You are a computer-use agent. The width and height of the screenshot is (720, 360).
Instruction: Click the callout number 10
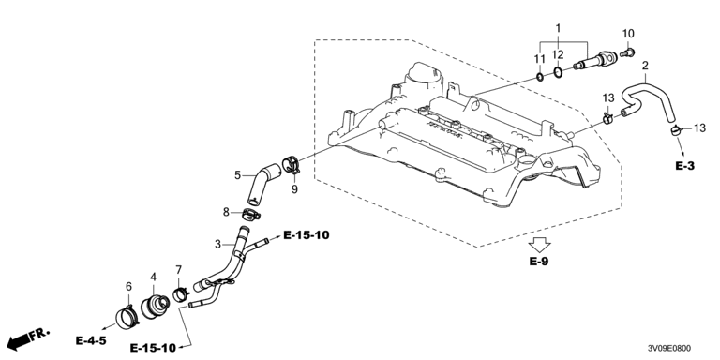(628, 34)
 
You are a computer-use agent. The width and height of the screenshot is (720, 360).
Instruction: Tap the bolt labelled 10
(627, 52)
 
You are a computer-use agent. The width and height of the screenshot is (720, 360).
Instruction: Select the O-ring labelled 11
(540, 77)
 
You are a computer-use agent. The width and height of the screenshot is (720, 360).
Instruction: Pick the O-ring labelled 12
(558, 72)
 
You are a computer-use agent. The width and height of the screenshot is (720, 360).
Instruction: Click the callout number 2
(645, 66)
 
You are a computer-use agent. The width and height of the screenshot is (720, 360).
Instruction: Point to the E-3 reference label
(684, 166)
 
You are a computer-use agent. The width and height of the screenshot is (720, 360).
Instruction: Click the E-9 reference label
(539, 262)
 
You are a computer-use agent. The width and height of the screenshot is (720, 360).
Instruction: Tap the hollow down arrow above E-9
(540, 246)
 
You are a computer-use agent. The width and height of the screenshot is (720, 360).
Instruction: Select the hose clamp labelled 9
(291, 164)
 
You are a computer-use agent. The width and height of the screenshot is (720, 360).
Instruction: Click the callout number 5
(237, 175)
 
